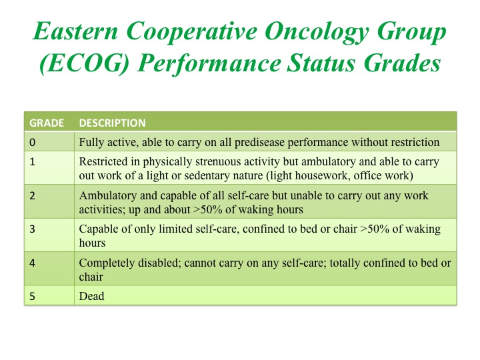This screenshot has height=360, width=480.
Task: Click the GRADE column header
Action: coord(47,123)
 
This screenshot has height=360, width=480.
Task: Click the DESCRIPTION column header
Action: coord(113,123)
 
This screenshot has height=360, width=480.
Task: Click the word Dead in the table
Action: coord(91,296)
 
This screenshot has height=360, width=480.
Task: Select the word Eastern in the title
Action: coord(75,31)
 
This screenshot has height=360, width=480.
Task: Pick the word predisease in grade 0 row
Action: coord(259,143)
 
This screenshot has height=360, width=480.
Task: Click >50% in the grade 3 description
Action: coord(375,229)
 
